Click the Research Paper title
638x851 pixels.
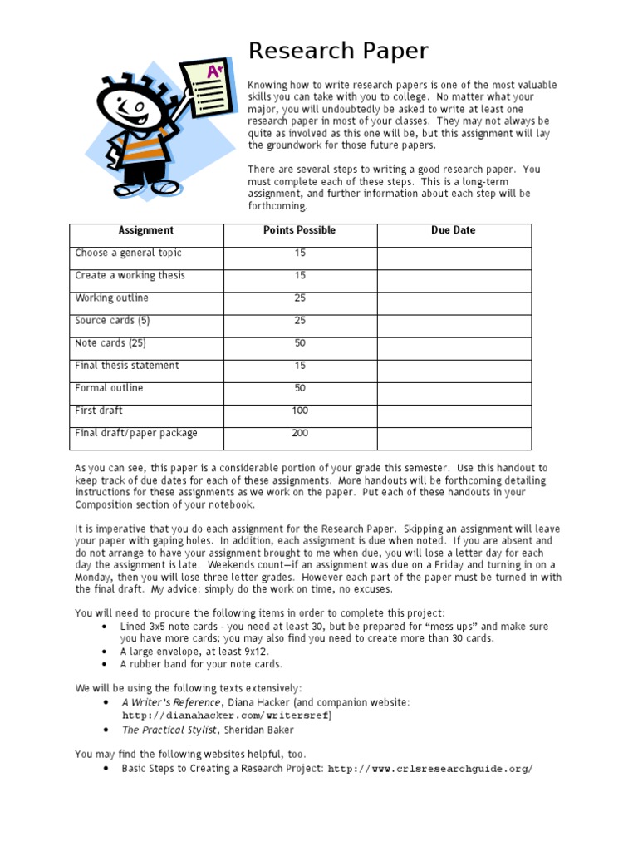(338, 52)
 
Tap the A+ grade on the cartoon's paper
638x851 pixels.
(213, 72)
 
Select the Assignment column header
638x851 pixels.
(146, 230)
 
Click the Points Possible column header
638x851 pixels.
(299, 230)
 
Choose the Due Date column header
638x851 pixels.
(454, 230)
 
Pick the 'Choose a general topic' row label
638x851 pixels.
(128, 253)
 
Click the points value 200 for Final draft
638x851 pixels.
(300, 433)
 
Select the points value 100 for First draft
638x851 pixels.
(300, 411)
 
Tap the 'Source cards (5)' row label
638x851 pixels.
(112, 321)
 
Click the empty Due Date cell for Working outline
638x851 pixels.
(454, 298)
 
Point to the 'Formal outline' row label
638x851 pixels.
(109, 388)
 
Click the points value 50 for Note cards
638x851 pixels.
(300, 343)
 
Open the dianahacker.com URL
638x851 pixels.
(227, 715)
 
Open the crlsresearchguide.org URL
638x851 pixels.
(430, 769)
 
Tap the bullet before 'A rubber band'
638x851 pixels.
(103, 665)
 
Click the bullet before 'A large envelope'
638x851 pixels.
(103, 652)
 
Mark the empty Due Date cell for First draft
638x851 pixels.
(454, 411)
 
